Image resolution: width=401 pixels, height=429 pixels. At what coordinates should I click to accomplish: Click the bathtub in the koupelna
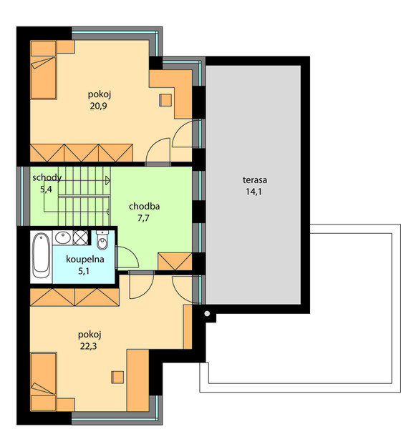(x=42, y=255)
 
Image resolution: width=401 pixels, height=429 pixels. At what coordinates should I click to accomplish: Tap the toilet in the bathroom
(x=102, y=240)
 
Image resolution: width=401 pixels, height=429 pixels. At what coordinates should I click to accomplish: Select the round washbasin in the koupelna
(x=62, y=237)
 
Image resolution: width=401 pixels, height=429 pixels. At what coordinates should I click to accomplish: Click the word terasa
(x=255, y=180)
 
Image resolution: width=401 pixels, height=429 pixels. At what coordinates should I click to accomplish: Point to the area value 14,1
(x=253, y=192)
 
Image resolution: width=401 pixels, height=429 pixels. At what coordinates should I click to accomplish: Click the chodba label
(x=144, y=207)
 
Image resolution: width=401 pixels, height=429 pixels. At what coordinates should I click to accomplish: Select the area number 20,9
(x=98, y=106)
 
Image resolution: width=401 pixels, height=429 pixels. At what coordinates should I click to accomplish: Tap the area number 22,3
(x=89, y=346)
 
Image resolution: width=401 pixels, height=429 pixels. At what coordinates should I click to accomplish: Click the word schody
(x=47, y=178)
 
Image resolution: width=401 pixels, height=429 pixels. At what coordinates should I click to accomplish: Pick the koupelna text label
(x=85, y=260)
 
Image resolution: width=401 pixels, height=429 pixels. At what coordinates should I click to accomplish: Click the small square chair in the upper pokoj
(x=165, y=100)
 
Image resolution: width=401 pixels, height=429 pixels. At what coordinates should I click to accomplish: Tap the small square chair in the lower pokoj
(x=117, y=378)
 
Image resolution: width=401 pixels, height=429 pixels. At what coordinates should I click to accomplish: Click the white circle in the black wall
(x=207, y=314)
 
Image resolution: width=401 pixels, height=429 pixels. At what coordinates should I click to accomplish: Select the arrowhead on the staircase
(x=108, y=181)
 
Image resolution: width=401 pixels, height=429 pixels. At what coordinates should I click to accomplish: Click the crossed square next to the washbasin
(x=81, y=237)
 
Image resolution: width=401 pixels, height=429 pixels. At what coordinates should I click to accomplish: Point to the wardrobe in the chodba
(x=175, y=262)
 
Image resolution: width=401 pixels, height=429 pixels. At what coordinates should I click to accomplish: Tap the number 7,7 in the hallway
(x=144, y=218)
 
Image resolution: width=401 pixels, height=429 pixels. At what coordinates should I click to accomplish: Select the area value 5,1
(x=84, y=271)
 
